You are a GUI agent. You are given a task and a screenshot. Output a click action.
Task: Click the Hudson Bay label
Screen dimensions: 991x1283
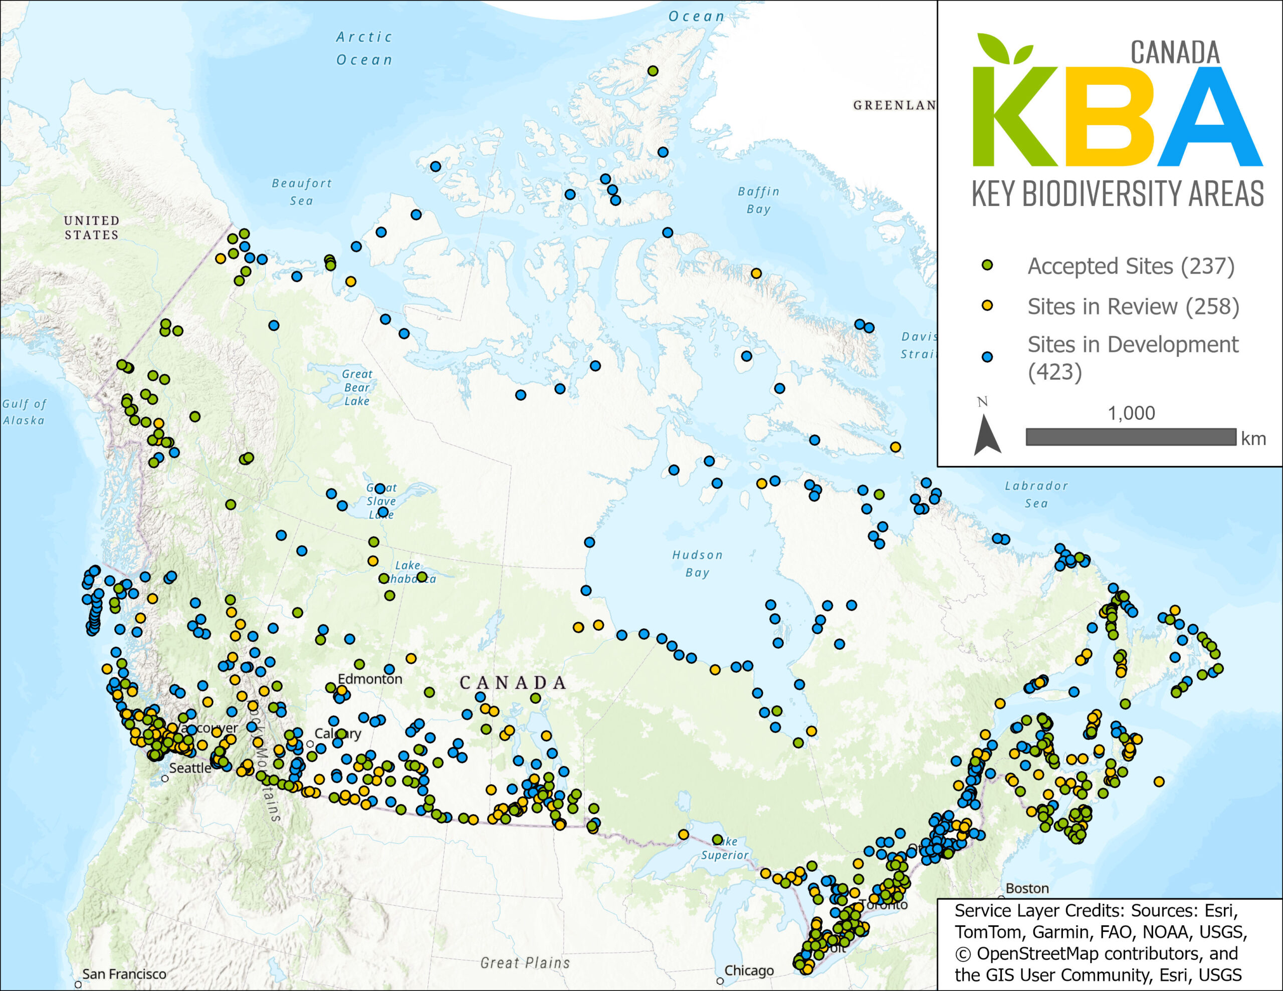point(697,563)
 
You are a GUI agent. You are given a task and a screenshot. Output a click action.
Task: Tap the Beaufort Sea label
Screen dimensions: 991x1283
point(302,192)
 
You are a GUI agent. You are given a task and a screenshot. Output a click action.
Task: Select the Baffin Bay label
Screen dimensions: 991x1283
point(758,200)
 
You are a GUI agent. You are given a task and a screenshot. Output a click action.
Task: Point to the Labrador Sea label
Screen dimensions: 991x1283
point(1036,494)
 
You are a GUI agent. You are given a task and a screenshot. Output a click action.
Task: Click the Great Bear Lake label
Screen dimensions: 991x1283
point(357,388)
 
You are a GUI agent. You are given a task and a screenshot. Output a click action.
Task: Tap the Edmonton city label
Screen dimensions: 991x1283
point(370,679)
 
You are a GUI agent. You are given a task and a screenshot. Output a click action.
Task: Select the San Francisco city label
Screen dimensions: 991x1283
point(124,974)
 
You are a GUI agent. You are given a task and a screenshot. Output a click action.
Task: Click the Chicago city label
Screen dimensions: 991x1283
point(749,970)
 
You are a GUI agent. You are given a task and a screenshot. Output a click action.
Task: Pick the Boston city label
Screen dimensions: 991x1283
point(1027,888)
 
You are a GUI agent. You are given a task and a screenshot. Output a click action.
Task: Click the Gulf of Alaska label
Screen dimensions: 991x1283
point(24,412)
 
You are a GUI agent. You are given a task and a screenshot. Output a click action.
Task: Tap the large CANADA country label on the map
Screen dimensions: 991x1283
point(513,682)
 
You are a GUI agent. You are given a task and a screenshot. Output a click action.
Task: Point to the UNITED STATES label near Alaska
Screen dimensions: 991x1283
point(92,227)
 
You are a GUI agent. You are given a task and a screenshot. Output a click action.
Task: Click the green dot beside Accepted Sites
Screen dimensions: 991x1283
point(987,266)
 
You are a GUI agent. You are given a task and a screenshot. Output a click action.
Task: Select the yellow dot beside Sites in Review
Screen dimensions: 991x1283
point(987,306)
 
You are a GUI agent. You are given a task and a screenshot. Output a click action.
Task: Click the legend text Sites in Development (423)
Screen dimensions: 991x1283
point(1132,358)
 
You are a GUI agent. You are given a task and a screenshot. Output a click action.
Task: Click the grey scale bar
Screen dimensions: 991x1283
point(1131,437)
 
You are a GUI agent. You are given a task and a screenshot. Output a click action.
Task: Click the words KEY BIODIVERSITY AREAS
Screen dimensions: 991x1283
point(1117,193)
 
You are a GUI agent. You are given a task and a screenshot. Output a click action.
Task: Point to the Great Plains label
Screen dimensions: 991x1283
point(525,963)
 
